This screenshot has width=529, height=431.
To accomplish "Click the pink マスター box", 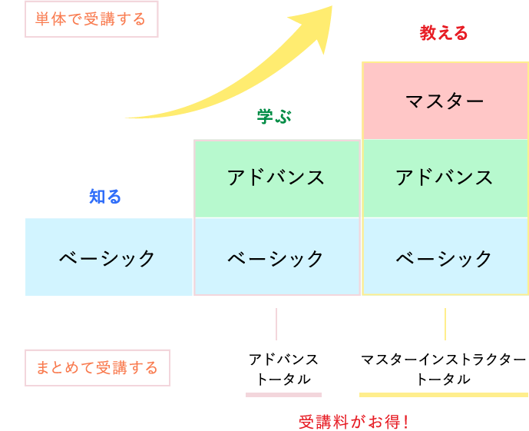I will (x=445, y=101).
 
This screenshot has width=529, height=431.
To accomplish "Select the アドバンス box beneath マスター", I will (x=445, y=177).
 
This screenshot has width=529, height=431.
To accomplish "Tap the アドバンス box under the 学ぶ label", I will (x=276, y=177).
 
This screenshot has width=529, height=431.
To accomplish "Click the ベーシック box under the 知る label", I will (x=108, y=257).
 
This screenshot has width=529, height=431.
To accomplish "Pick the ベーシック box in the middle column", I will (x=276, y=257).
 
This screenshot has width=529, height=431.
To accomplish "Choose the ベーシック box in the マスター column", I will (x=445, y=257).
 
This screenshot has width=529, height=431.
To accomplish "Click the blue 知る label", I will (x=105, y=197).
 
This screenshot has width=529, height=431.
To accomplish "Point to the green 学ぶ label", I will (x=275, y=117).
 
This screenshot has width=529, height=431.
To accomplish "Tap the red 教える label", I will (x=444, y=33).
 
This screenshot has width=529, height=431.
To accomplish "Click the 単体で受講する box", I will (x=91, y=19).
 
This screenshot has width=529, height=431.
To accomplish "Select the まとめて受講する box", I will (x=98, y=368).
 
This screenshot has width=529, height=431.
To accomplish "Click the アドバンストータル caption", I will (x=283, y=369).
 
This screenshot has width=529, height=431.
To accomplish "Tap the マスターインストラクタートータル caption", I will (x=443, y=369).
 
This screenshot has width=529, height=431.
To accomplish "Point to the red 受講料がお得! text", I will (x=353, y=421).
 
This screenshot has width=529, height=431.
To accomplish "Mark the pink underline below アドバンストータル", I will (x=283, y=395).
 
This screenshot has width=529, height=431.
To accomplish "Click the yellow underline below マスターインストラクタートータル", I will (x=443, y=395).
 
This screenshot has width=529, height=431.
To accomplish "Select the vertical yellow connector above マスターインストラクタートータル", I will (x=445, y=323).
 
